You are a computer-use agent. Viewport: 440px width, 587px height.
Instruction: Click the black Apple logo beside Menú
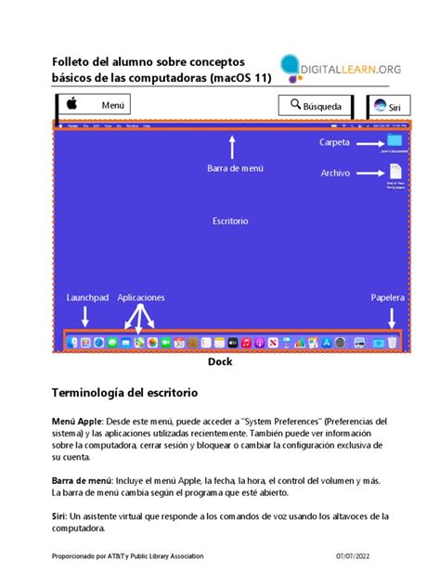(x=70, y=104)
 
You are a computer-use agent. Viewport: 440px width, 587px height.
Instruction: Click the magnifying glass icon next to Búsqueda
(x=295, y=105)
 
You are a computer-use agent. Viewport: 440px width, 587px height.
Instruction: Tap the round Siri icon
(x=380, y=107)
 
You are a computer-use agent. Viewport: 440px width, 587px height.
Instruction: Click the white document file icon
(x=396, y=172)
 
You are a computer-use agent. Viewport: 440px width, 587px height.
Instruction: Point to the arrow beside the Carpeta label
(x=369, y=143)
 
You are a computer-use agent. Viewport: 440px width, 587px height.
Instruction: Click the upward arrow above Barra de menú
(x=233, y=146)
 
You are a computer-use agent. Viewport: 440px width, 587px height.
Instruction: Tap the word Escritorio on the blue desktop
(x=230, y=221)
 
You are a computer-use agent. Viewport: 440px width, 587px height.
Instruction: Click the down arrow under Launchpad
(x=85, y=317)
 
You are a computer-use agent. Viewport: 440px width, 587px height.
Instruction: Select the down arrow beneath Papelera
(x=387, y=318)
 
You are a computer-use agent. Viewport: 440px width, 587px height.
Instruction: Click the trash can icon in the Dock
(x=394, y=343)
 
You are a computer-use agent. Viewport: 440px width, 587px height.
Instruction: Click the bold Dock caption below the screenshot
(x=220, y=362)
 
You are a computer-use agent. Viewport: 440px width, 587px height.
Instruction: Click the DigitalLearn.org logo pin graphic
(x=291, y=67)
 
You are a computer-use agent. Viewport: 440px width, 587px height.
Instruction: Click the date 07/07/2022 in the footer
(x=355, y=556)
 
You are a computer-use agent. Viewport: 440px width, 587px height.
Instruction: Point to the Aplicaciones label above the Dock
(x=141, y=298)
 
